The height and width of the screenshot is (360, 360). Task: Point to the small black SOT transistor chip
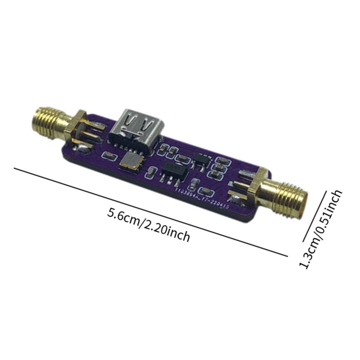click(x=199, y=159)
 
